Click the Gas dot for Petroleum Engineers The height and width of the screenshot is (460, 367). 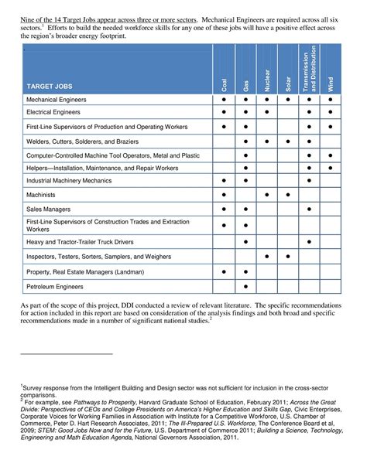[245, 287]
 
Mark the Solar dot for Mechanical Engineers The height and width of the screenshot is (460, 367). [288, 101]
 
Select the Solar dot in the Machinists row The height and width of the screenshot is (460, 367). [288, 194]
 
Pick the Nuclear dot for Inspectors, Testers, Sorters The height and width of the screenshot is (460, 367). [266, 256]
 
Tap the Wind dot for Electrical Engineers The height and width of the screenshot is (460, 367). [331, 113]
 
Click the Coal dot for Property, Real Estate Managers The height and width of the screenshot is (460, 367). [224, 271]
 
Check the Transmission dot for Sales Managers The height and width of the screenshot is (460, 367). [310, 209]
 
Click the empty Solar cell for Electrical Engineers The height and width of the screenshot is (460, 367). [288, 113]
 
